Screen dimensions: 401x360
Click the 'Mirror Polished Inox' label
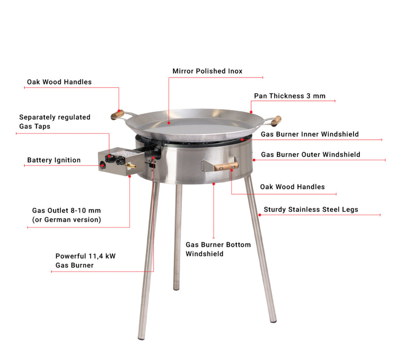[x=207, y=71]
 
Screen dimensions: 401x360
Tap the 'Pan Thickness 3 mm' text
[x=290, y=96]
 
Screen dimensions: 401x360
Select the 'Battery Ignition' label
[x=54, y=160]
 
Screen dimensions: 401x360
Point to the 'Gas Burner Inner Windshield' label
[x=310, y=134]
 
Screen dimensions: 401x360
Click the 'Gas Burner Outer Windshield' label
[x=310, y=155]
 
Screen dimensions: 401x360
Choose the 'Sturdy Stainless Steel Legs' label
[x=311, y=209]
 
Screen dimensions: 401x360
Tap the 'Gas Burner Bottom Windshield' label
[x=218, y=249]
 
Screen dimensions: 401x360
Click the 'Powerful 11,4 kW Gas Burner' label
[x=85, y=260]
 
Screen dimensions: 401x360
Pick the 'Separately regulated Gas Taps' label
[x=55, y=121]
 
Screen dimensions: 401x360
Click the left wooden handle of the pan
[x=117, y=115]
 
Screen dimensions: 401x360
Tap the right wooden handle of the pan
[x=276, y=120]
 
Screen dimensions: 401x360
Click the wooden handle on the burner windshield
[x=226, y=166]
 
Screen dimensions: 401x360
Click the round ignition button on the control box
[x=102, y=165]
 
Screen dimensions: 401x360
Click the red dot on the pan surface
[x=169, y=123]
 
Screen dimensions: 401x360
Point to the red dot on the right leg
[x=259, y=215]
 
